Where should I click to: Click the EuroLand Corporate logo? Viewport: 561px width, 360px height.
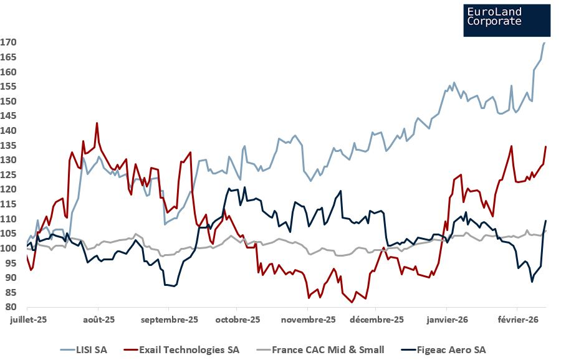(x=507, y=20)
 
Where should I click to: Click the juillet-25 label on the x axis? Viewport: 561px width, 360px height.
(x=27, y=320)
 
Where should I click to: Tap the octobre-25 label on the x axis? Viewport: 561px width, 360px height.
(x=237, y=320)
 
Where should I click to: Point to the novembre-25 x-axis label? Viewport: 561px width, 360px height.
(x=308, y=320)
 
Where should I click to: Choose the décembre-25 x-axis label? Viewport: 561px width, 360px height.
(x=376, y=320)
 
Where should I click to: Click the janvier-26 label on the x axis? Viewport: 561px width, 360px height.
(x=446, y=320)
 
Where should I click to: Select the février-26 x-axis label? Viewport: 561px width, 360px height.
(x=517, y=320)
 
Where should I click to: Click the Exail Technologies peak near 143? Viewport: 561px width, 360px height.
(x=97, y=123)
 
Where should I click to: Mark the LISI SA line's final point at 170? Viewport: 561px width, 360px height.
(x=544, y=43)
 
